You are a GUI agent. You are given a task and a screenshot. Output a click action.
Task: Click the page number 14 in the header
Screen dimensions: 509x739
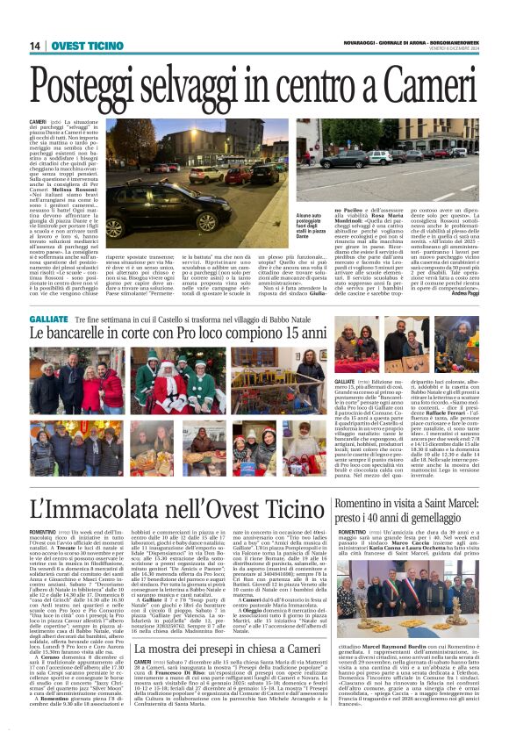click(36, 46)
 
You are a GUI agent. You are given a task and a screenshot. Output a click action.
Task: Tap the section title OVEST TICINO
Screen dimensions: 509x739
click(88, 46)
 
